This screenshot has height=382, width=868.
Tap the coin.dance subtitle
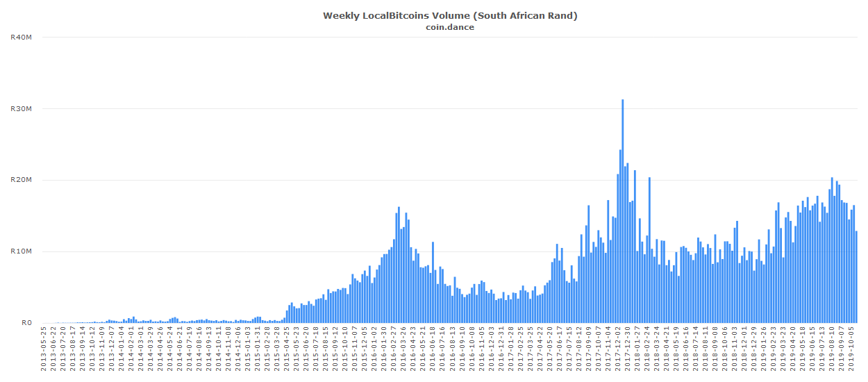(450, 27)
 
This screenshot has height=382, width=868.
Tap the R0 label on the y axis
(26, 322)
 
